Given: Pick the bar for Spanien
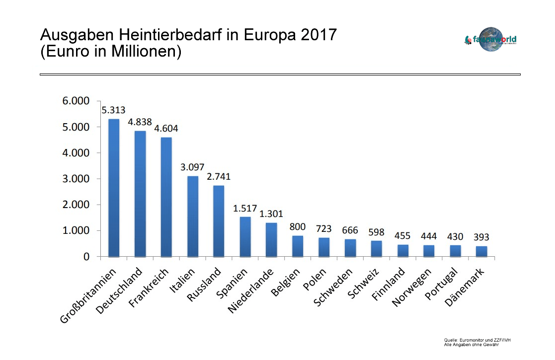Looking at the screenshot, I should [245, 236].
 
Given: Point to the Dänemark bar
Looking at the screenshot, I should [481, 251].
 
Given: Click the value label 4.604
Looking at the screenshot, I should [166, 129].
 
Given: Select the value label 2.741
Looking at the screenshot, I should [219, 176].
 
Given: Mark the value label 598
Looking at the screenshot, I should [376, 232].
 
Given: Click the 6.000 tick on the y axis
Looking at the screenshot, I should [76, 101].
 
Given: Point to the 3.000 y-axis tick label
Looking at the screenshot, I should [76, 179].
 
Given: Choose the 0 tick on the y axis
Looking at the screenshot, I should [86, 257].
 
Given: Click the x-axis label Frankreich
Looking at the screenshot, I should [149, 290].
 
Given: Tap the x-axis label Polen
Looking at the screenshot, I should [315, 281].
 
